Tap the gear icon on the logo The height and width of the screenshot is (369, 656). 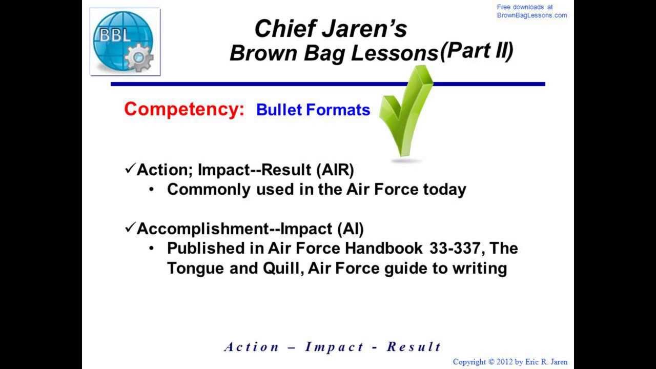(139, 57)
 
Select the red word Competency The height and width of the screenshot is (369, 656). (184, 109)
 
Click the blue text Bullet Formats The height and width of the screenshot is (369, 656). (313, 110)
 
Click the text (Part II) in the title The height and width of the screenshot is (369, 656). (477, 51)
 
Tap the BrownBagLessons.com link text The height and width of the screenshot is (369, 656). (532, 15)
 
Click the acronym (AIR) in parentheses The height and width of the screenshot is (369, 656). (335, 170)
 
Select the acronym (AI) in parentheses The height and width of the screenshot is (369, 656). (350, 229)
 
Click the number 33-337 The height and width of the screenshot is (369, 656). (455, 248)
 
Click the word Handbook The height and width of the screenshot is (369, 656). (384, 248)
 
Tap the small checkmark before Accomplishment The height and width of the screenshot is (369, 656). (130, 227)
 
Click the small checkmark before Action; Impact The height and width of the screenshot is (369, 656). (130, 169)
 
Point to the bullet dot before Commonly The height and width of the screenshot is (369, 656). (151, 190)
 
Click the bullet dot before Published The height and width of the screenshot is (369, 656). (151, 249)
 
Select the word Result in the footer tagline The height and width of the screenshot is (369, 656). (414, 347)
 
